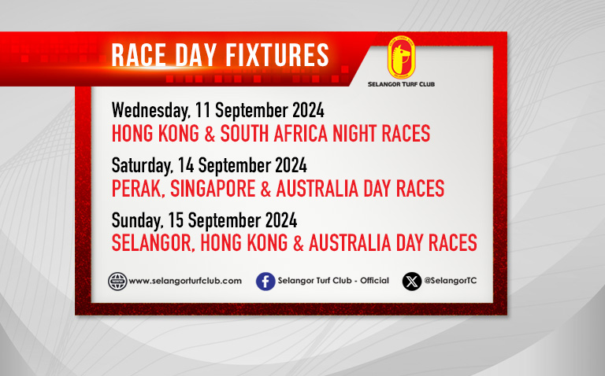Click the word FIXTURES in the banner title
[x=277, y=55]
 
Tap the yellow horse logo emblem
[x=401, y=57]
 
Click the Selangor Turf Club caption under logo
[x=401, y=84]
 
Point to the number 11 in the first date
[x=202, y=111]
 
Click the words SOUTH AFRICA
[x=274, y=133]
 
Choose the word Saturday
[x=143, y=166]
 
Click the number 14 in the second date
[x=186, y=165]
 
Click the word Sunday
[x=137, y=221]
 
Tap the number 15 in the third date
[x=176, y=220]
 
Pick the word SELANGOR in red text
[x=153, y=244]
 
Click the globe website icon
[x=117, y=282]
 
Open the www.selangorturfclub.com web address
[x=185, y=281]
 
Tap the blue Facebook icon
[x=265, y=282]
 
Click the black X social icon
[x=412, y=282]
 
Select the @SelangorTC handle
[x=451, y=281]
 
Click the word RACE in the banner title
[x=139, y=55]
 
